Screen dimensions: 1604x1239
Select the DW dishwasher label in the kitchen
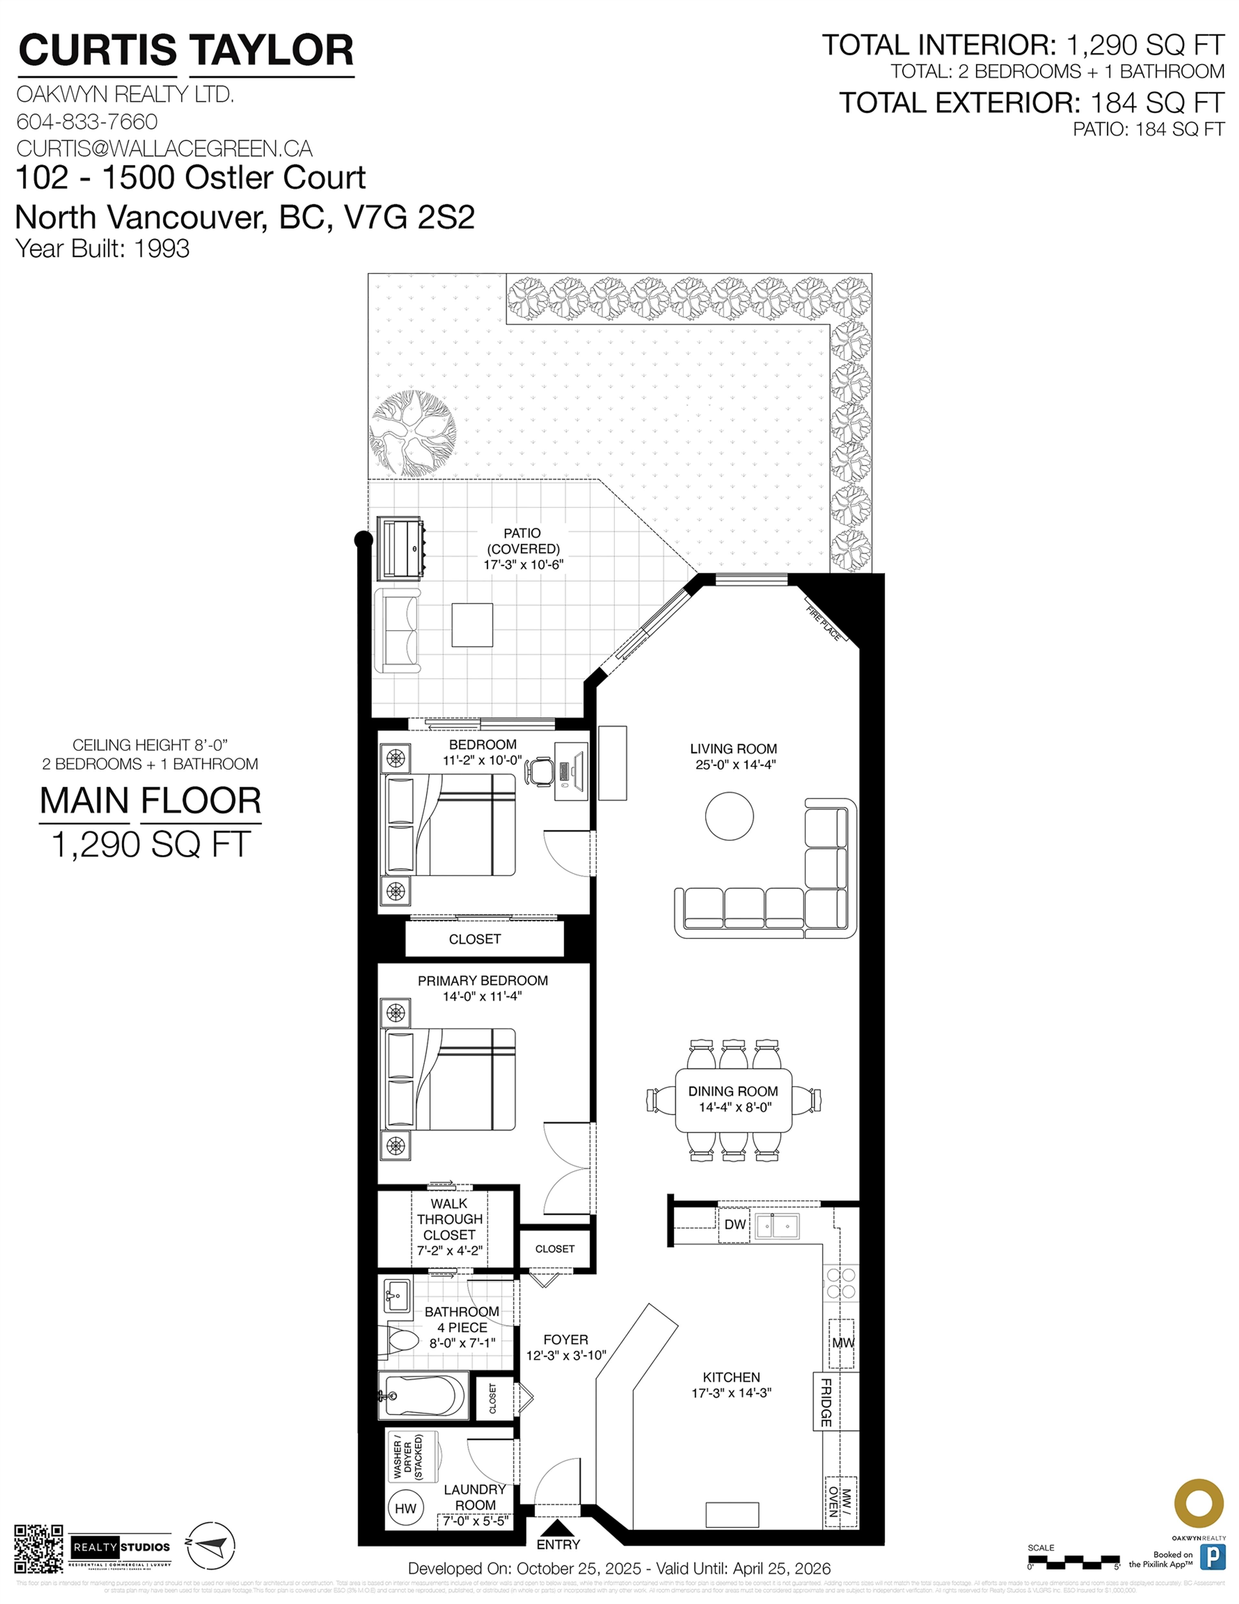click(734, 1224)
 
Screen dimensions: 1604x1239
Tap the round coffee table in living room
click(729, 816)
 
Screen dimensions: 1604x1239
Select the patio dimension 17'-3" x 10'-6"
click(523, 565)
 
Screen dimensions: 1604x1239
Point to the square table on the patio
click(472, 625)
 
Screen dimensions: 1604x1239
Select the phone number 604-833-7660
click(87, 121)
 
